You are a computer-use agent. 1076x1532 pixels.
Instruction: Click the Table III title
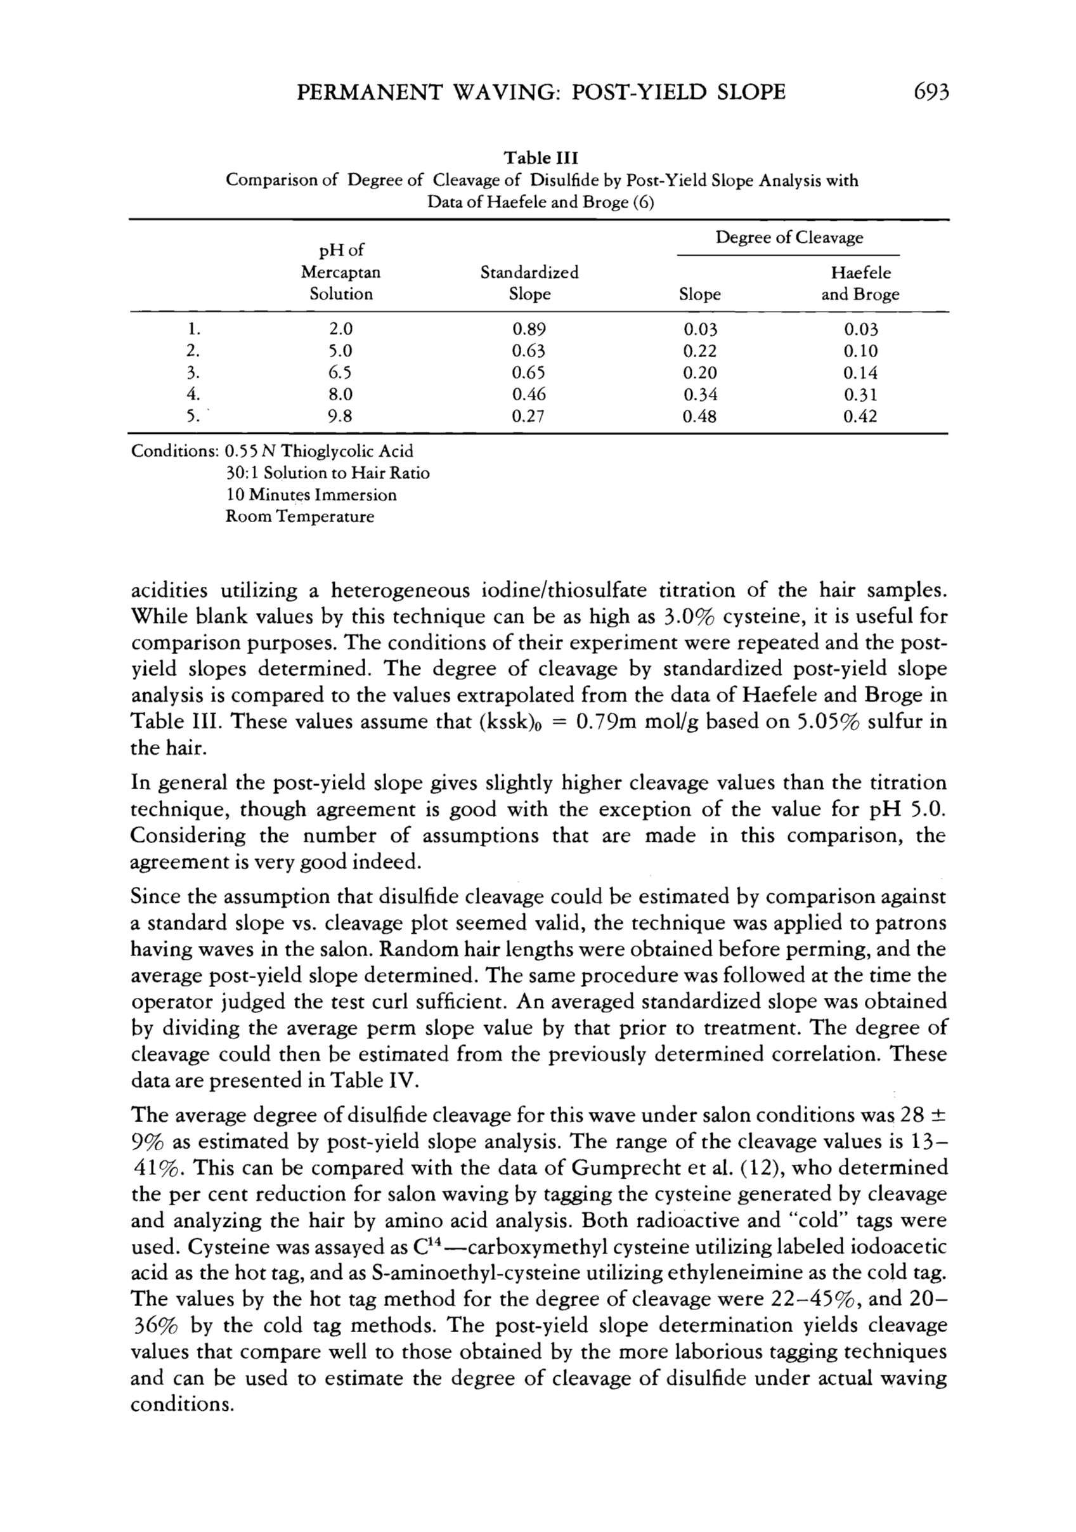[x=540, y=158]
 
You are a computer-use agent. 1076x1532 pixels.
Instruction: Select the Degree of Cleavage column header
[x=789, y=237]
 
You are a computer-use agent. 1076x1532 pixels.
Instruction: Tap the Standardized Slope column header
[x=529, y=283]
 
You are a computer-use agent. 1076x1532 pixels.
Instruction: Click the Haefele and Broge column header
[x=860, y=283]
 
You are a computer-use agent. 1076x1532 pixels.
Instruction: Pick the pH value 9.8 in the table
[x=341, y=416]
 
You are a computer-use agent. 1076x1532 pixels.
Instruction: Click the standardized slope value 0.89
[x=528, y=329]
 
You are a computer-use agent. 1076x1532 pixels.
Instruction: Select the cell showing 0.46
[x=528, y=395]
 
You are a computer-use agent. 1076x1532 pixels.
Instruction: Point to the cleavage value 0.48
[x=700, y=416]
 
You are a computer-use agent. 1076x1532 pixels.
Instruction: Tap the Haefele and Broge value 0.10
[x=860, y=351]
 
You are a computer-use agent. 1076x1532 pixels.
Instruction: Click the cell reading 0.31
[x=860, y=395]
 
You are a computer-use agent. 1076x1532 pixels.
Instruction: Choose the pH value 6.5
[x=341, y=372]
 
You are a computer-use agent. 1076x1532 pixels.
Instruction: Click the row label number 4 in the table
[x=193, y=395]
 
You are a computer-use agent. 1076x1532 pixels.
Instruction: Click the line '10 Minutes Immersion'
[x=311, y=495]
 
